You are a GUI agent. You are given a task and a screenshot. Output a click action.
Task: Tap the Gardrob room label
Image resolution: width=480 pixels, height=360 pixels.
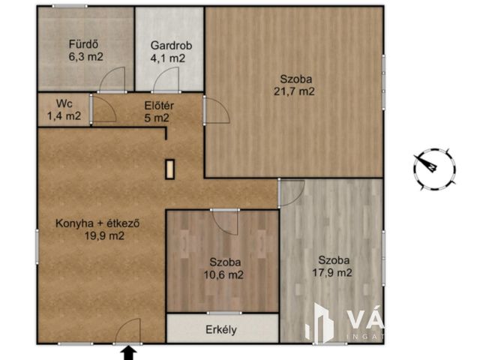(171, 45)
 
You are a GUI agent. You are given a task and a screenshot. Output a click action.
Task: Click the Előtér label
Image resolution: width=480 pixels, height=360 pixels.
(157, 104)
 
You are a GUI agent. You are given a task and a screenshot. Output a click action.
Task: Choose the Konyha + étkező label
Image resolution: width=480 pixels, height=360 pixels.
(99, 223)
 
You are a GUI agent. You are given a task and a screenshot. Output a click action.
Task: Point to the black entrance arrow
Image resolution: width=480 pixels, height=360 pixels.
(128, 352)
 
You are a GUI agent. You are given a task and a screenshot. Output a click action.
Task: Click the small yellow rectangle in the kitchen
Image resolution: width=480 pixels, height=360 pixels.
(170, 169)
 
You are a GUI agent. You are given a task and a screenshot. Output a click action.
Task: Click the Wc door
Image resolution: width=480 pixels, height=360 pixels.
(103, 109)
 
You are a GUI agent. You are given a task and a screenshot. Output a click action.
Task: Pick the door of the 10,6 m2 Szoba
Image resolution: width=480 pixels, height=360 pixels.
(225, 221)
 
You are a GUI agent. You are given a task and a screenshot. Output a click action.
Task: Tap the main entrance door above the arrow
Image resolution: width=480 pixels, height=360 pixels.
(128, 331)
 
